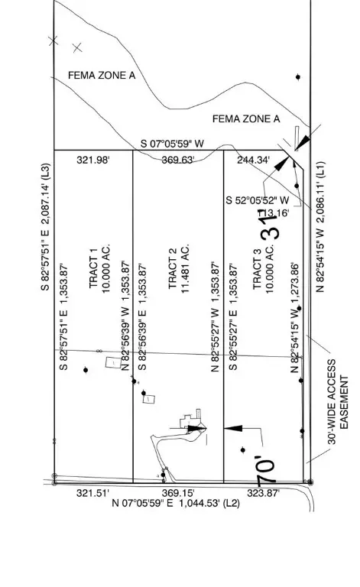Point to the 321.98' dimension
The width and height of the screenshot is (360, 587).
pyautogui.click(x=94, y=160)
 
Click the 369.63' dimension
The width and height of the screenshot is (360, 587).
pyautogui.click(x=178, y=160)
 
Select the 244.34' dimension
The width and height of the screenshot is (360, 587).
pyautogui.click(x=254, y=160)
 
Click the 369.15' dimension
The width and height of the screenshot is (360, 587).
pyautogui.click(x=178, y=493)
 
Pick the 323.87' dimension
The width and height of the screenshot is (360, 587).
pyautogui.click(x=264, y=493)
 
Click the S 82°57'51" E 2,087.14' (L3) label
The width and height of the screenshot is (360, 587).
pyautogui.click(x=45, y=228)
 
